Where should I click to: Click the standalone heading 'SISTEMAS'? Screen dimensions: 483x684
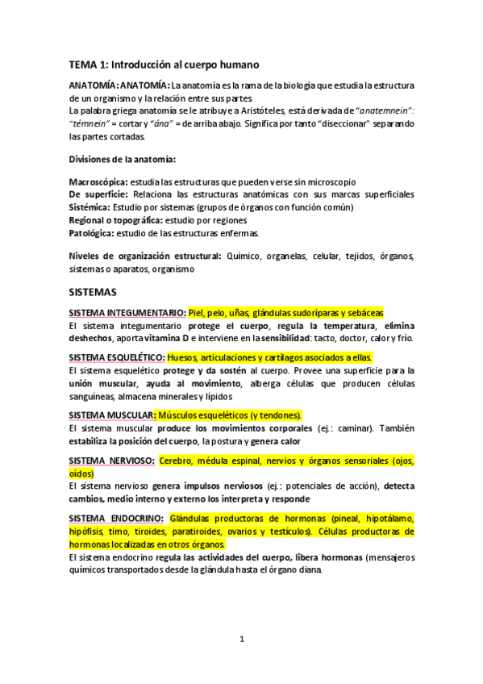point(93,291)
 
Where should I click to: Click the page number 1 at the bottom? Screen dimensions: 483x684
point(241,640)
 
